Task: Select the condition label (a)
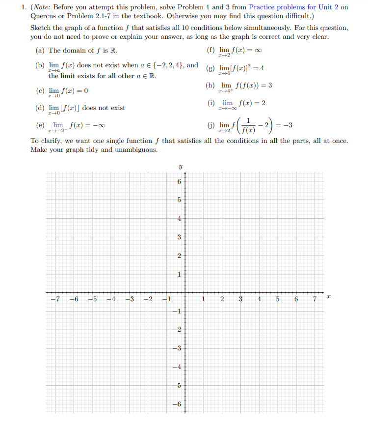[41, 51]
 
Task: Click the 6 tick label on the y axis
[179, 182]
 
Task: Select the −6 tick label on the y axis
[178, 404]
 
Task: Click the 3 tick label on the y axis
[179, 237]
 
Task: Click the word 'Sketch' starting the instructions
[40, 28]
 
